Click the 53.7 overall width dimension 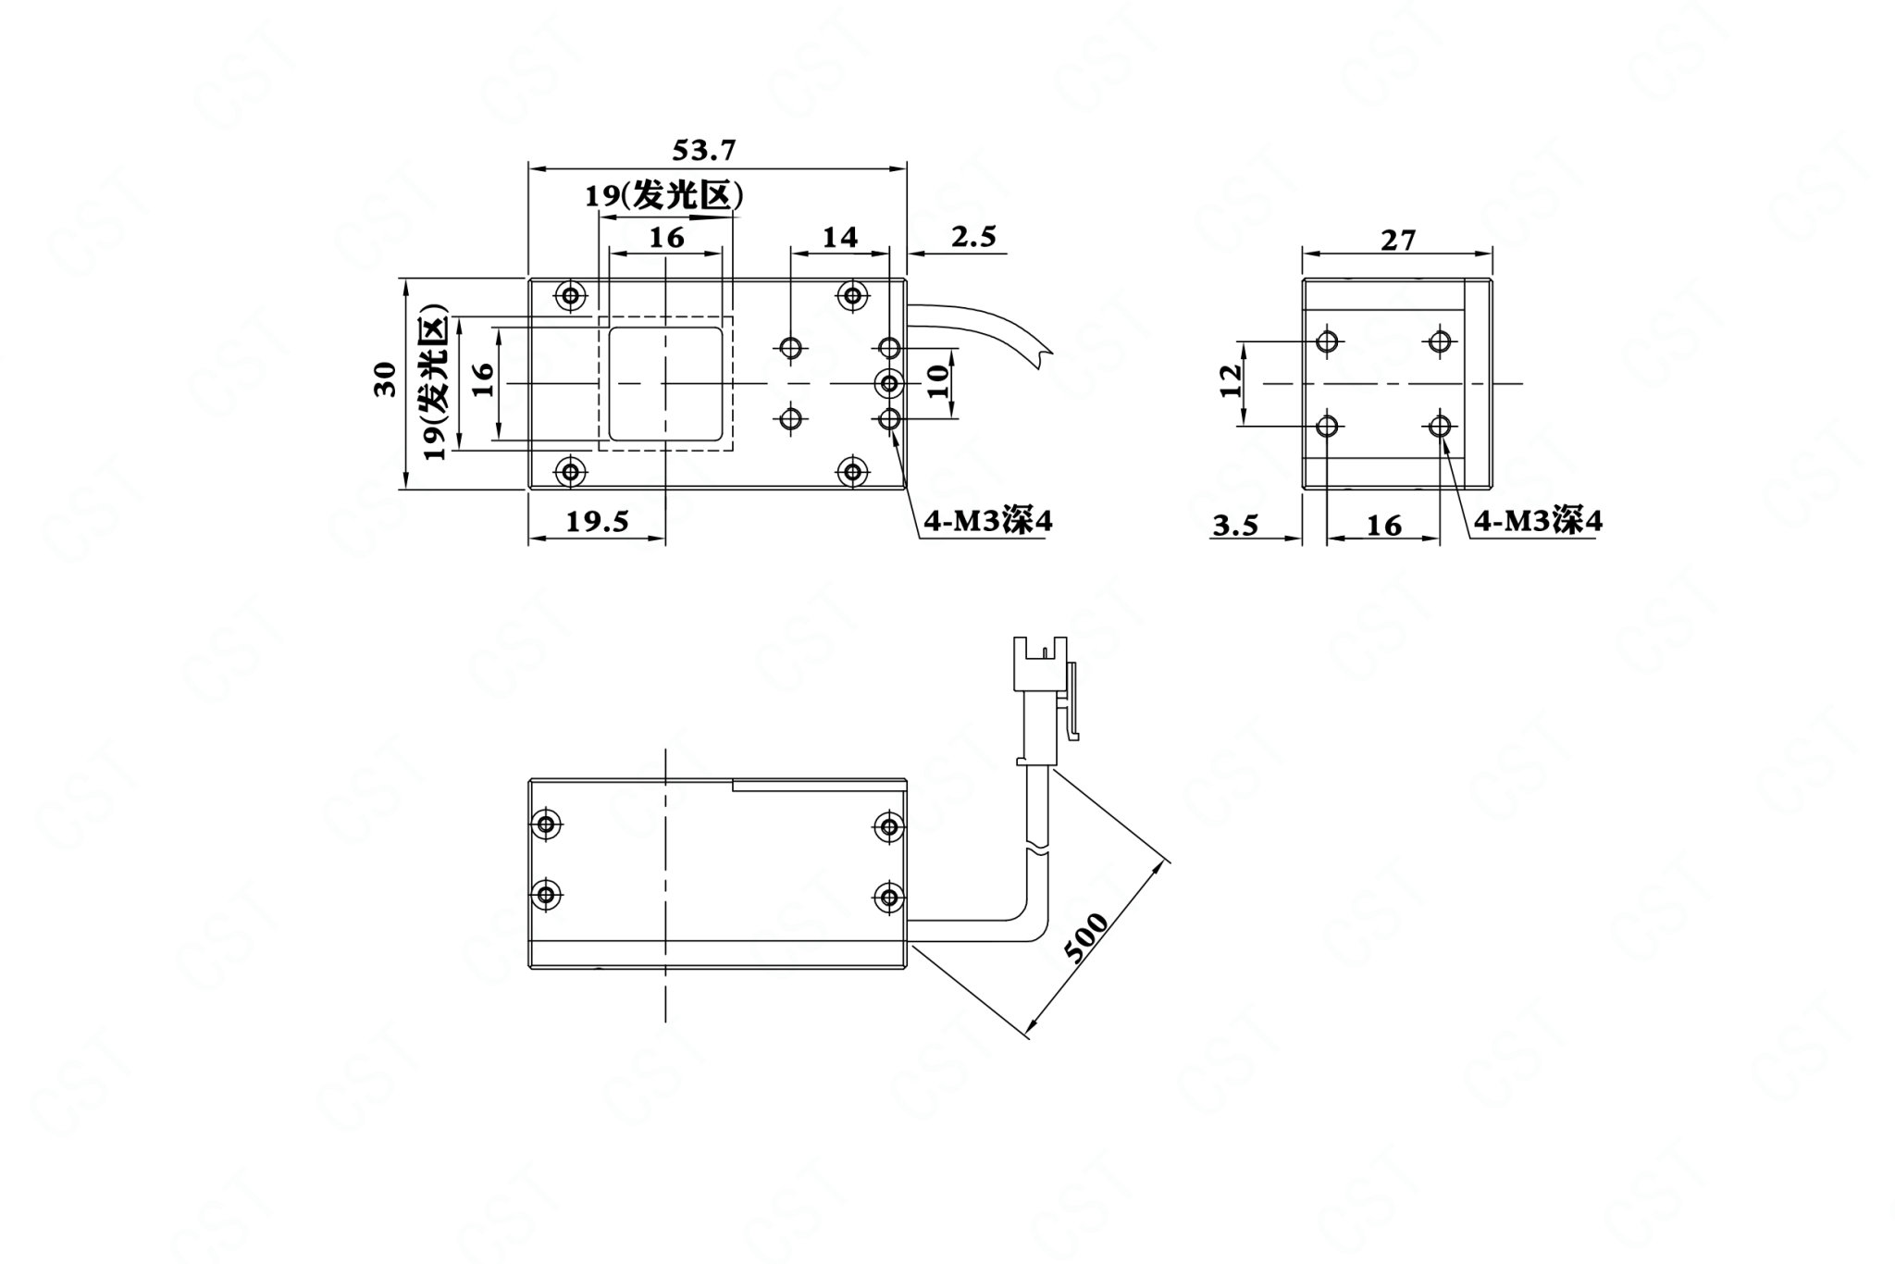[x=704, y=149]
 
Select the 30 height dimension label [x=385, y=379]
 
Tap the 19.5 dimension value [x=598, y=522]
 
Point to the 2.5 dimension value [x=973, y=237]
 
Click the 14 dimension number [x=840, y=238]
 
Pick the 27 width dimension [x=1398, y=241]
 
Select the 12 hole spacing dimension [x=1231, y=381]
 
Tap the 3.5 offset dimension [x=1236, y=526]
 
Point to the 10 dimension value [x=938, y=381]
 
